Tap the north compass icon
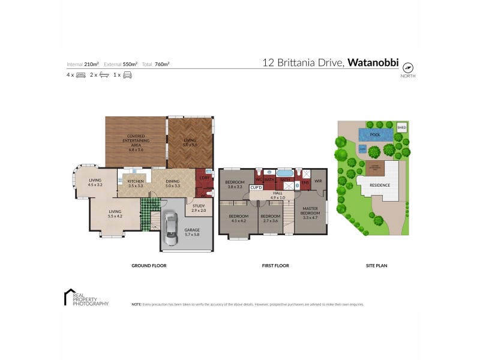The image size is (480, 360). point(408,67)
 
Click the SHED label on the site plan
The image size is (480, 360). point(402,128)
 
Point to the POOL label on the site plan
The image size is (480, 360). point(376,135)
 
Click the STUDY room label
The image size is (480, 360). point(199,207)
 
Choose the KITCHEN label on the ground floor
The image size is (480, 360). point(136,181)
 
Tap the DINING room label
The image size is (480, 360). point(173,181)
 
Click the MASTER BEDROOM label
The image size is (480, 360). point(310,209)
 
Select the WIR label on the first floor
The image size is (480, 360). point(318,181)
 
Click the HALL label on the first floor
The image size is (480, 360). point(277,193)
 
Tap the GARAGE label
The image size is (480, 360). point(192,230)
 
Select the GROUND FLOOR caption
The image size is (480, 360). point(149,265)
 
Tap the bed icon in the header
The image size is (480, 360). point(81,75)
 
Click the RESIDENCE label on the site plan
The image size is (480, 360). point(379,185)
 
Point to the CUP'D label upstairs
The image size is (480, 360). point(256,187)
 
